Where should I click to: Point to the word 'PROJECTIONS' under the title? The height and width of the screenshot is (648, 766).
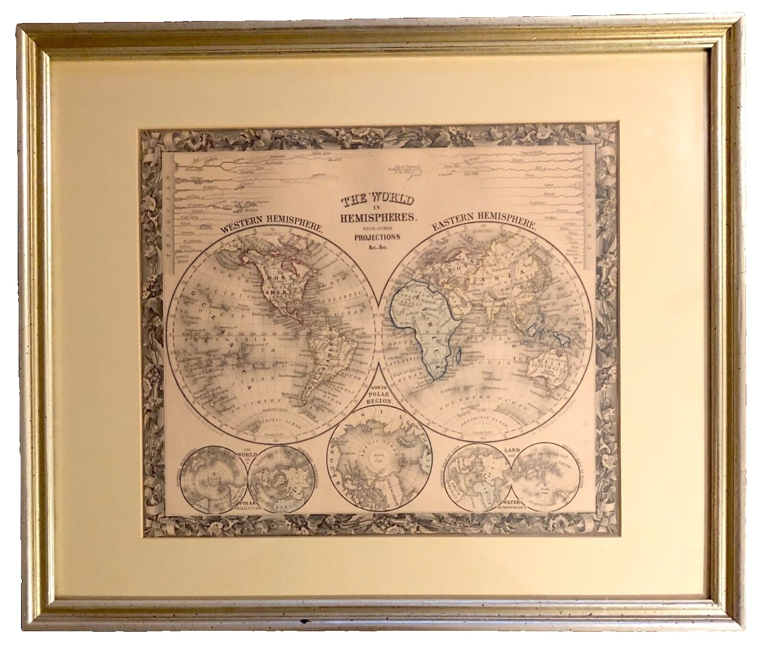point(377,236)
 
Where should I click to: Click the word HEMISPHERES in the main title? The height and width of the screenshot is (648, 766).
point(377,217)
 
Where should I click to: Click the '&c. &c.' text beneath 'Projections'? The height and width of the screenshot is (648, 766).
point(377,246)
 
